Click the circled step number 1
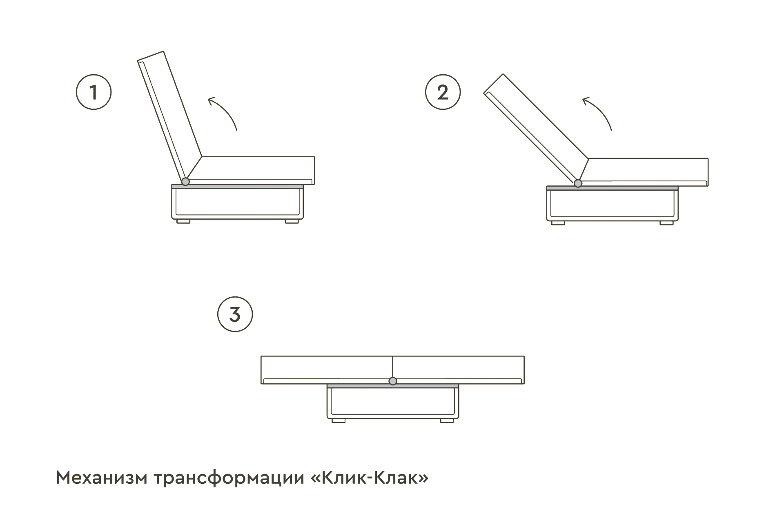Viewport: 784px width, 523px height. coord(94,92)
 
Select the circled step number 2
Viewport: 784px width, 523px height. coord(443,92)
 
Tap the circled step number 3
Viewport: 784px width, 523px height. coord(235,314)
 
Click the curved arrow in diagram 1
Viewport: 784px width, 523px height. coord(224,112)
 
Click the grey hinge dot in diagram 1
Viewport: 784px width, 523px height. coord(185,181)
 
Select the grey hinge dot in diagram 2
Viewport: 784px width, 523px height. coord(578,183)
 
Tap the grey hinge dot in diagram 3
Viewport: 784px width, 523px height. coord(393,381)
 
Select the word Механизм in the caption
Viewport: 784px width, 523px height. coord(101,478)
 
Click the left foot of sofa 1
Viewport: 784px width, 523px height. coord(183,221)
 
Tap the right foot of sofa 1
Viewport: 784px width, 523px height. coord(292,221)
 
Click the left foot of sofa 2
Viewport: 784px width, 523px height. coord(558,223)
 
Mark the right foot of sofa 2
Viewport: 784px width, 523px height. coord(667,223)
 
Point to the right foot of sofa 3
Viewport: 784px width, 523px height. coord(447,420)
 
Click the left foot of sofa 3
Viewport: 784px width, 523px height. coord(339,420)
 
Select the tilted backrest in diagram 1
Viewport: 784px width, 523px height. coord(169,116)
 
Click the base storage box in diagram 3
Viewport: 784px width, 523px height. coord(393,402)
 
